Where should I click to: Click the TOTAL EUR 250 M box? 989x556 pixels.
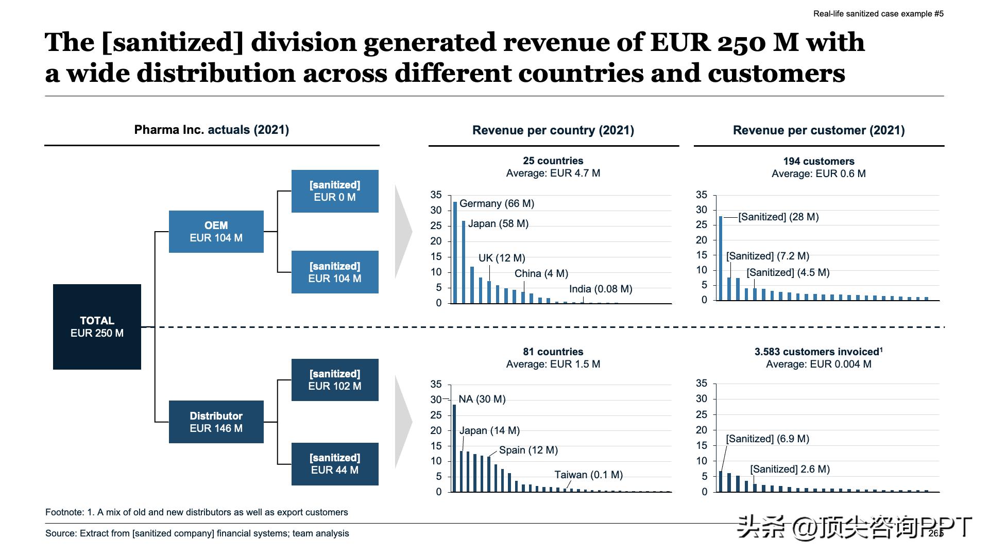[97, 327]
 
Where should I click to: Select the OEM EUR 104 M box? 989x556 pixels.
[216, 232]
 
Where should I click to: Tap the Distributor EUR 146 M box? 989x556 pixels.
[216, 422]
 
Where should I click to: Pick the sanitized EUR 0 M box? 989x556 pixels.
[335, 191]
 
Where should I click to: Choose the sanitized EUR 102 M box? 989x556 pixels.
[335, 380]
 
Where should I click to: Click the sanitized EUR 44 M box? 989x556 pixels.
[335, 464]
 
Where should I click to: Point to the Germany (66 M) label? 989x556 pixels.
[497, 203]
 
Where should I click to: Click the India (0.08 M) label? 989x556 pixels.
[601, 289]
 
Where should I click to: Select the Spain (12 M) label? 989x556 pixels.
[528, 450]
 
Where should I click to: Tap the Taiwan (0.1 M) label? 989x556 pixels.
[588, 475]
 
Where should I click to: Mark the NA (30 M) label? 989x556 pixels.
[482, 399]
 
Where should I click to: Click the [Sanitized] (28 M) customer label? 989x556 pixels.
[778, 217]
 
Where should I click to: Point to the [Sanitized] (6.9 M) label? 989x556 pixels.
[768, 439]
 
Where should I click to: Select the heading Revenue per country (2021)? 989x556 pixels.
[553, 130]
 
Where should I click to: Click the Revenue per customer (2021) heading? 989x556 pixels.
[819, 130]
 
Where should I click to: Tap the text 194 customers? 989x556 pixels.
[819, 161]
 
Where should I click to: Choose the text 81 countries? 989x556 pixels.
[553, 352]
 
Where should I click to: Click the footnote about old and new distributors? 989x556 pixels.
[197, 512]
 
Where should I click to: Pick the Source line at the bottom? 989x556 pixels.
[197, 533]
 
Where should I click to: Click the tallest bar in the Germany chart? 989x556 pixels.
[455, 252]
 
